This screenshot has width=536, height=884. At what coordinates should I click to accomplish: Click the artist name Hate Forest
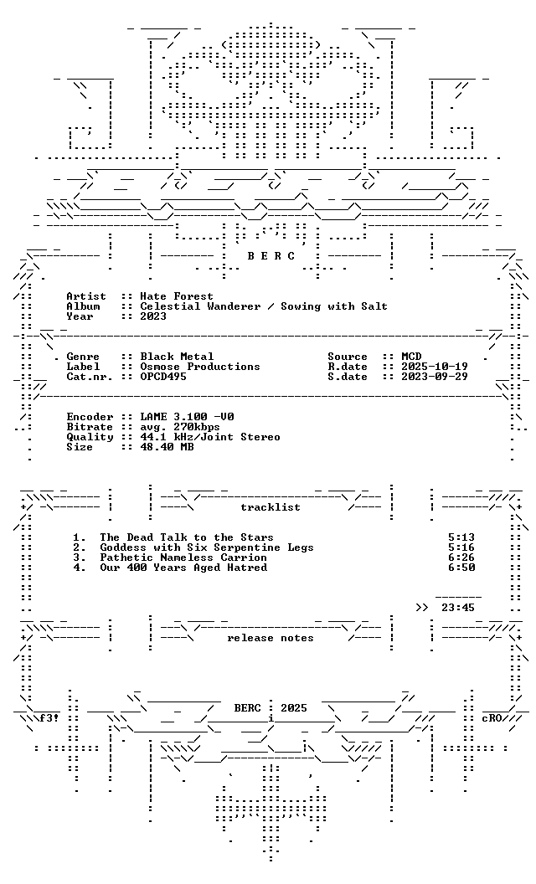[177, 296]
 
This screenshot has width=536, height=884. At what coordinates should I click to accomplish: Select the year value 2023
[153, 316]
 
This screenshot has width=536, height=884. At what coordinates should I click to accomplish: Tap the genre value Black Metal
[177, 357]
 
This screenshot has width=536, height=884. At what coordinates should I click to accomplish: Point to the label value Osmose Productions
[200, 367]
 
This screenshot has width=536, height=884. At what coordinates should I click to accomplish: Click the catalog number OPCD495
[163, 377]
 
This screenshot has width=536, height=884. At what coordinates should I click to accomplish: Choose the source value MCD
[411, 357]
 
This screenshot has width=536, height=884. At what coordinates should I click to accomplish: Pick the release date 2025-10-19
[435, 367]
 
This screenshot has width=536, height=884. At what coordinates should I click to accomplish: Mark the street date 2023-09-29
[435, 377]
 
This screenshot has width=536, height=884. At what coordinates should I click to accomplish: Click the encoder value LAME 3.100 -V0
[187, 417]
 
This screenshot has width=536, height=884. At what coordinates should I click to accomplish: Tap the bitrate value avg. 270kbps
[180, 427]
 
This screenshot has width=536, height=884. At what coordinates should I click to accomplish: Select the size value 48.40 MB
[167, 447]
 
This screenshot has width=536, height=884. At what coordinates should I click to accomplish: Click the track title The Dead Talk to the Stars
[187, 537]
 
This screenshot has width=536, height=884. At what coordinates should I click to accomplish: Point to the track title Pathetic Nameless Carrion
[183, 558]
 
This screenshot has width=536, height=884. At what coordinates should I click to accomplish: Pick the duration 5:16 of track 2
[461, 547]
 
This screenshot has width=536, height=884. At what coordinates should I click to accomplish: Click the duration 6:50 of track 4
[461, 568]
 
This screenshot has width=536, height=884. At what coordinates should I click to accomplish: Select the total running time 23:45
[458, 608]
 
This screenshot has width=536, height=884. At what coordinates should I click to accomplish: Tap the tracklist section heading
[271, 507]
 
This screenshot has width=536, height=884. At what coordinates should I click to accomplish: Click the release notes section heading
[271, 638]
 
